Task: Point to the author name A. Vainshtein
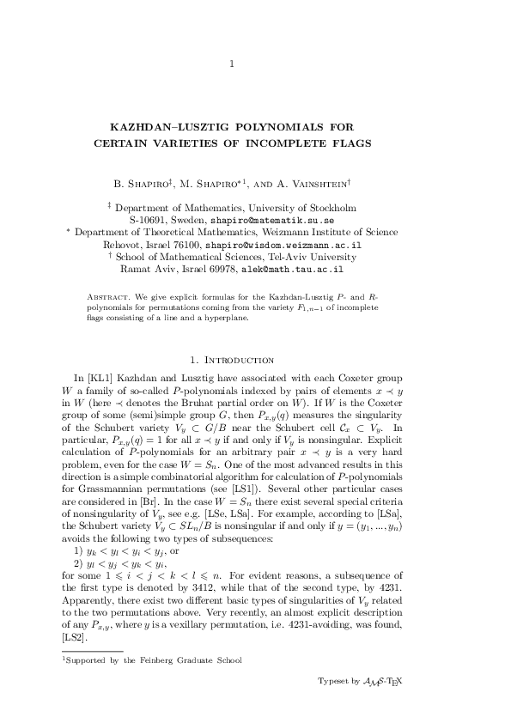pos(312,183)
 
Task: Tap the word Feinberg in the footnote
pos(161,660)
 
